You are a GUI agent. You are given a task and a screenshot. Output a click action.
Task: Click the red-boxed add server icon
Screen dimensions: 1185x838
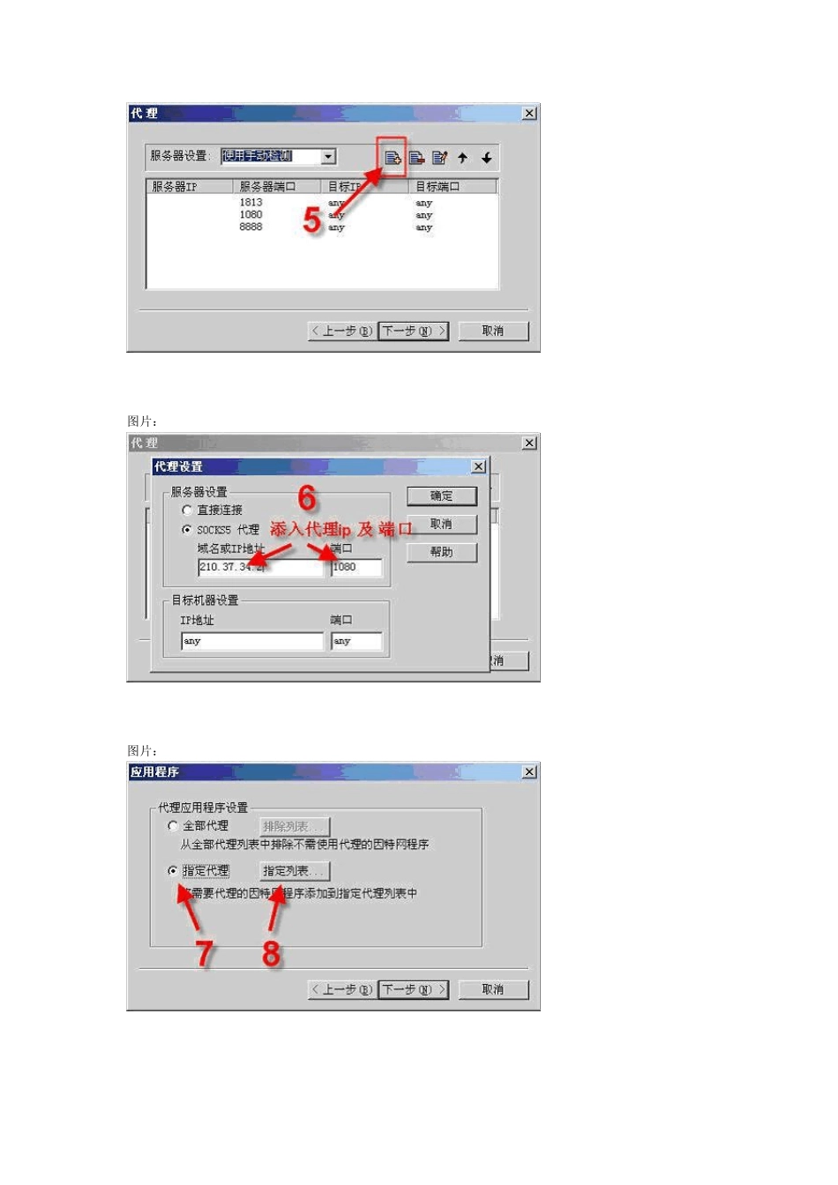[393, 158]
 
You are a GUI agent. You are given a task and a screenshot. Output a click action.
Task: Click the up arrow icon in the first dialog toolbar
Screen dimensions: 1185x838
[462, 158]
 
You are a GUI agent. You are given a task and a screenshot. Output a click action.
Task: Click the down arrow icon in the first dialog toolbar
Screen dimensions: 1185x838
[486, 158]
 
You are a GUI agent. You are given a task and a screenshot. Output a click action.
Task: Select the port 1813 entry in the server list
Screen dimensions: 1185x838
[251, 203]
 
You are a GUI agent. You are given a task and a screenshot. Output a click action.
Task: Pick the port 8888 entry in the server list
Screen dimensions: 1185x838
[251, 227]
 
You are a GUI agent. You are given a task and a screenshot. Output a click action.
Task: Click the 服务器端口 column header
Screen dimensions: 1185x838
[267, 187]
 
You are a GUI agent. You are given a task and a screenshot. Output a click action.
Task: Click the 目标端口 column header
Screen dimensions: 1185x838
[438, 187]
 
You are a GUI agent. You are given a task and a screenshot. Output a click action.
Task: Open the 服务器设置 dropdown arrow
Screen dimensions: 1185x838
[328, 157]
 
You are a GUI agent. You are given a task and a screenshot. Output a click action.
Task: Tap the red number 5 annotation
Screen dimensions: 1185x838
[311, 220]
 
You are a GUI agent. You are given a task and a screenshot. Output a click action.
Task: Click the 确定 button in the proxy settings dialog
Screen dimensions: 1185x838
[441, 496]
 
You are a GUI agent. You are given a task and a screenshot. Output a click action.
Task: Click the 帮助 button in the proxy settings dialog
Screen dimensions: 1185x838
[441, 553]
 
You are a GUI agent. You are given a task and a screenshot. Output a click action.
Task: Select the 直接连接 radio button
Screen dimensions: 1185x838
[187, 511]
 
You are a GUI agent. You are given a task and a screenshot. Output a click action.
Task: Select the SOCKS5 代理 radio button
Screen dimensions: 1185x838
[187, 530]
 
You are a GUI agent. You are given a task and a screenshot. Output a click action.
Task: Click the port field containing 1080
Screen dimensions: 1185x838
[356, 568]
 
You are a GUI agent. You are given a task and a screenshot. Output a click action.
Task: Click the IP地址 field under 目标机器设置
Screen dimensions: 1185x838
[252, 642]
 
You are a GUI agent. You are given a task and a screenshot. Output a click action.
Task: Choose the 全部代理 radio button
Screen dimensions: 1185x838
[173, 826]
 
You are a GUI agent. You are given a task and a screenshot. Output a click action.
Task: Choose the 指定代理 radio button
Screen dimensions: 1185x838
[173, 871]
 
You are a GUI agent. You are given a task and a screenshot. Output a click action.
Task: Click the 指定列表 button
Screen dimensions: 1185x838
[294, 871]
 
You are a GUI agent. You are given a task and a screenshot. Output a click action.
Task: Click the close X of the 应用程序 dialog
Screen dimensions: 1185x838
[529, 772]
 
